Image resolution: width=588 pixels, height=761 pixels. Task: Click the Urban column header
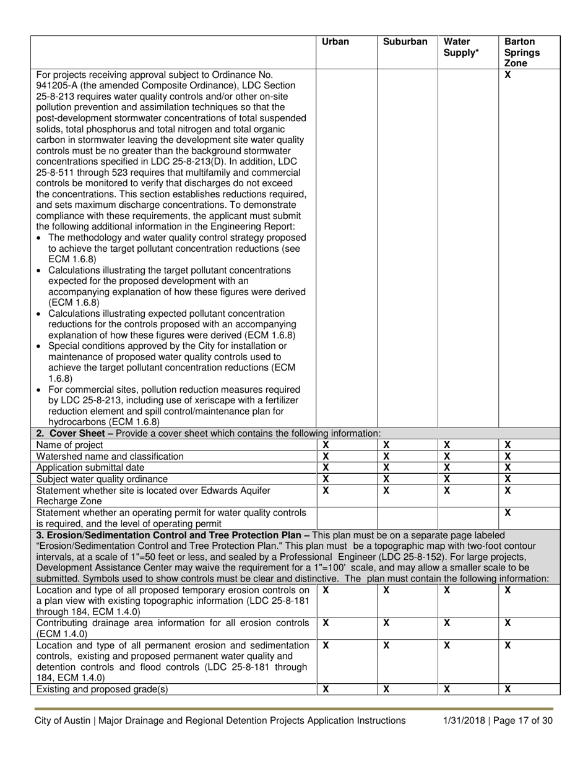[x=335, y=42]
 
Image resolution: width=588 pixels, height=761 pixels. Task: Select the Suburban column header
[x=405, y=42]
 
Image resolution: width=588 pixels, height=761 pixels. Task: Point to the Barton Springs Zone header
[x=521, y=53]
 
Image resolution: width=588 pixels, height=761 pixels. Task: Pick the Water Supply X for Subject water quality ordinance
[x=446, y=478]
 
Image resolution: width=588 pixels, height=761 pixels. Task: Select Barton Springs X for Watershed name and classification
[x=507, y=456]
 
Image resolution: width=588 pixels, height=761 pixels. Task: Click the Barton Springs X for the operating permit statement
[x=507, y=512]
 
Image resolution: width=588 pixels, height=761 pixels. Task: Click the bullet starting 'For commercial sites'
[x=167, y=389]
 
